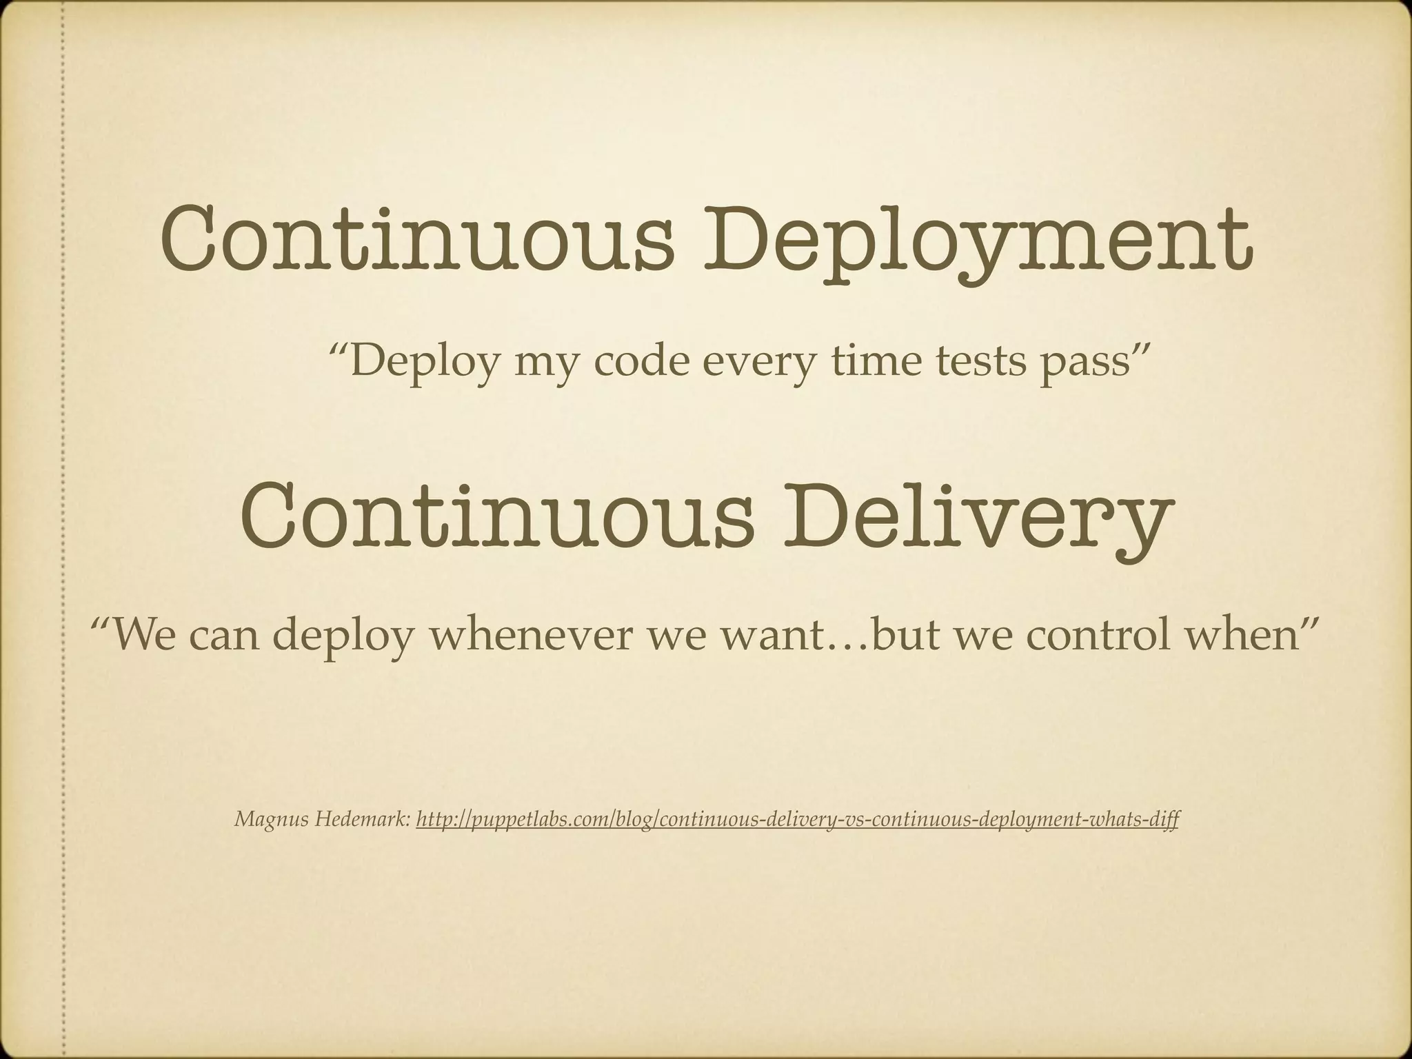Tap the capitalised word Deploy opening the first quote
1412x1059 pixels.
click(425, 362)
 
